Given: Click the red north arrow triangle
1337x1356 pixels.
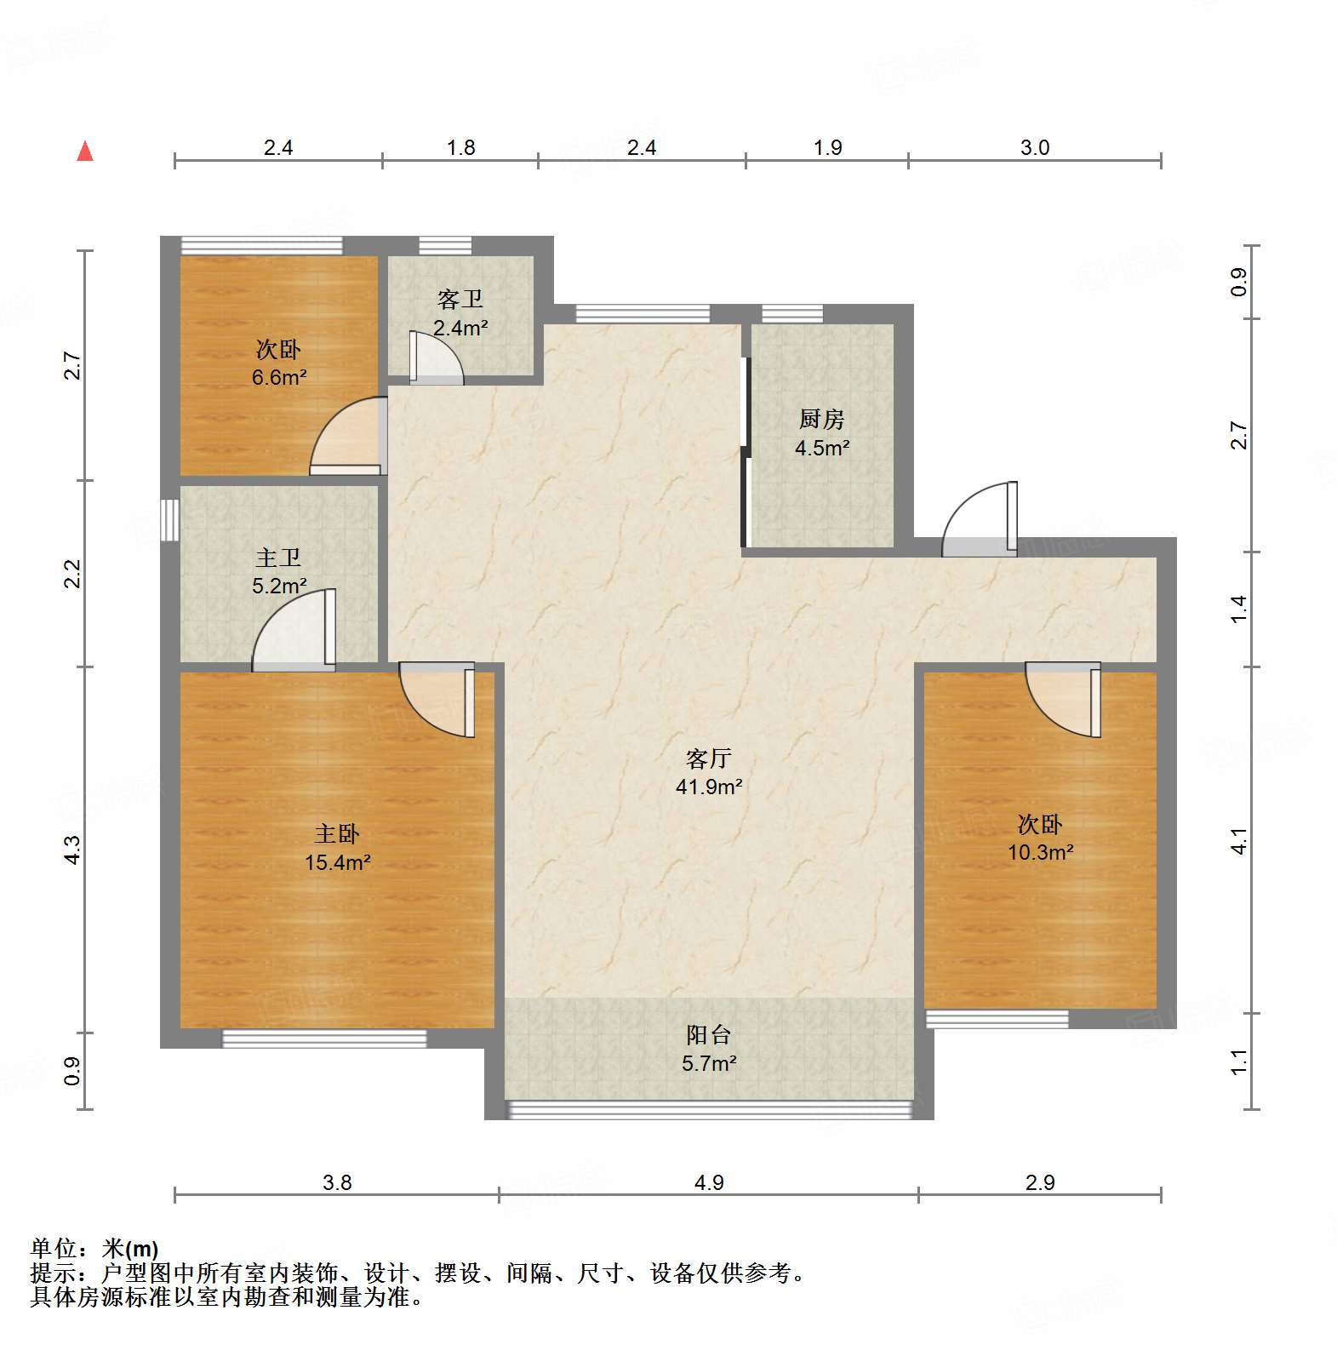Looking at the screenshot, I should point(85,152).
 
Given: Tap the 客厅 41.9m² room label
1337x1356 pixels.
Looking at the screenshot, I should point(708,772).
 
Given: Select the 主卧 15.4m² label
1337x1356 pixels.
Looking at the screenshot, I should point(337,848).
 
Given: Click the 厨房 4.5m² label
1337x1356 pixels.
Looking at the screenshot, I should point(821,432).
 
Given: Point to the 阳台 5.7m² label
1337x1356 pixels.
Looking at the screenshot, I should point(708,1049).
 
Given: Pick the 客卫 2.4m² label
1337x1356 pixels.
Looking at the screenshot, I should point(460,312).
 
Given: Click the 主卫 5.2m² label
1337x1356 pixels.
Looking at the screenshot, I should point(278,571).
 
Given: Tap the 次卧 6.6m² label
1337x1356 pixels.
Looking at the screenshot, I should point(278,363).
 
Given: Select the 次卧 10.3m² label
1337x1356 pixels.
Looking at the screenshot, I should point(1039,838).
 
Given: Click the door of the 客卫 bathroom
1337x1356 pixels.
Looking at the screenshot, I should point(436,358).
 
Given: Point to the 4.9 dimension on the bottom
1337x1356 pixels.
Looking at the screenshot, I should point(708,1182).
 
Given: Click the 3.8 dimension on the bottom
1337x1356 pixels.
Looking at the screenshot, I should point(337,1182).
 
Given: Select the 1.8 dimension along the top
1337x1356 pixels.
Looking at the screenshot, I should point(460,147).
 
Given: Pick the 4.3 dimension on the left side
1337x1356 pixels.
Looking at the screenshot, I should point(73,850).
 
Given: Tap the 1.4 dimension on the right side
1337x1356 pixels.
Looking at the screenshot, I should point(1238,609).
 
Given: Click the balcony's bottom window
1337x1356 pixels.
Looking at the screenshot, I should point(708,1109).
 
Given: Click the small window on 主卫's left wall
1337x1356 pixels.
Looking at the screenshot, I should point(170,519).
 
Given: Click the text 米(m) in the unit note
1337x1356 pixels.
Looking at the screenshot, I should point(130,1249).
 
